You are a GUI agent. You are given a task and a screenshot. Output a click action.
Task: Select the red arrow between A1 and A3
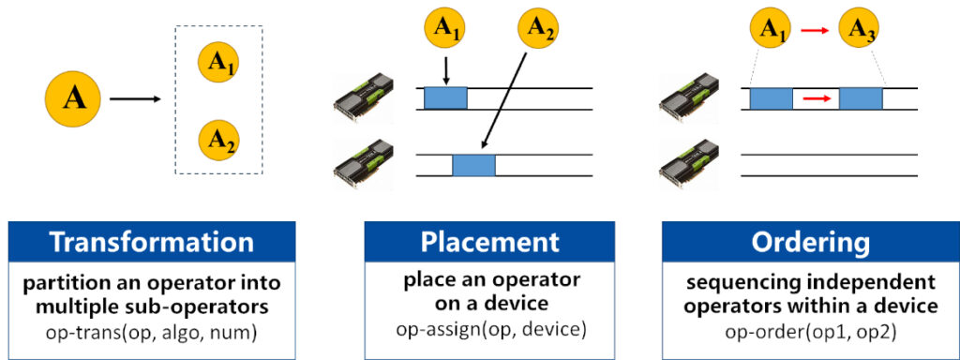coord(815,32)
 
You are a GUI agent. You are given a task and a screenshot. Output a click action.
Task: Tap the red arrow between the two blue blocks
coord(816,97)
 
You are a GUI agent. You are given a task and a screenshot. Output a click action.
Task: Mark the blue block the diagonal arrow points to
coord(473,165)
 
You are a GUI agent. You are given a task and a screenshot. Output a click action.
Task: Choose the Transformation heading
coord(152,242)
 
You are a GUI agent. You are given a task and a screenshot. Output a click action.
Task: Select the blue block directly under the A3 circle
coord(861,98)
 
